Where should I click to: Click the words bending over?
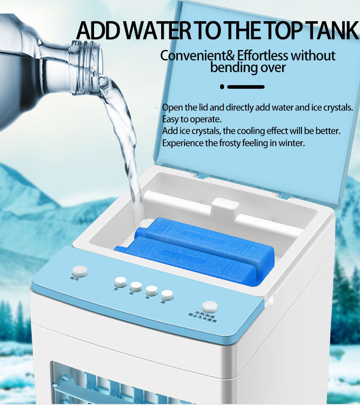pos(248,68)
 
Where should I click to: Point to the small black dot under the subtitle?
pos(222,86)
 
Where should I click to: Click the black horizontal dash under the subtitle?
pos(246,86)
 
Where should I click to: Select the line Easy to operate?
pos(192,119)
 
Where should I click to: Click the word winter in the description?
pos(293,143)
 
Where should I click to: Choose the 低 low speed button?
pos(136,287)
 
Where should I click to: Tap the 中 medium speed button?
pos(152,291)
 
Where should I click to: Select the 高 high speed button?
pos(167,295)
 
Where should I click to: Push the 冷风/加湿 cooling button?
pos(209,307)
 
